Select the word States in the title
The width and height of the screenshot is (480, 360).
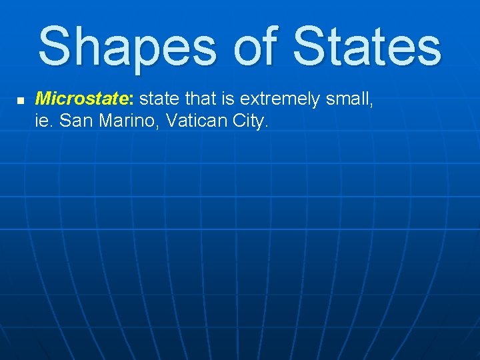tap(367, 47)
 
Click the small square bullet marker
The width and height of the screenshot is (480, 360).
tap(20, 101)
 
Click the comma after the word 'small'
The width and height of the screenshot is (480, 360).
tap(371, 105)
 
